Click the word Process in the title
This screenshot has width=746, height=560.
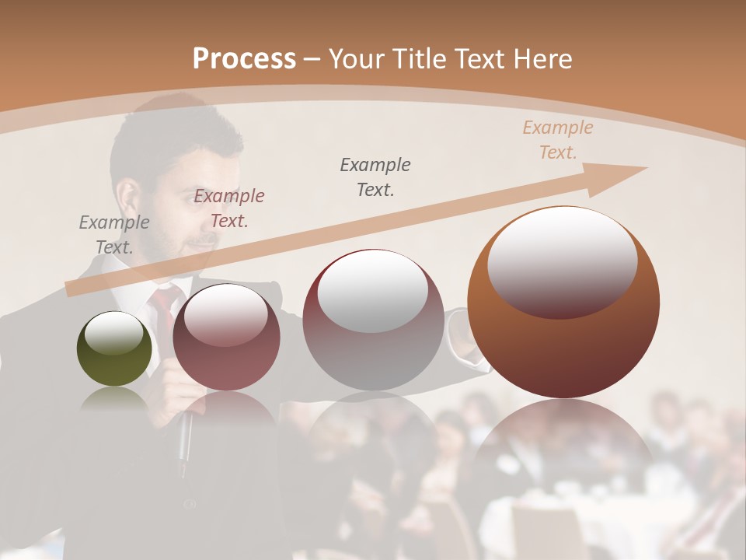[244, 58]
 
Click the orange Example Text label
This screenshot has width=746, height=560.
[558, 140]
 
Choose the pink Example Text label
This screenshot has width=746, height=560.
[229, 208]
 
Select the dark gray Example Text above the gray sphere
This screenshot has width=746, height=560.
[375, 177]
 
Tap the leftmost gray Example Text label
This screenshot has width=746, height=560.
[113, 235]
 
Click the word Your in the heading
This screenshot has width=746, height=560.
[357, 58]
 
